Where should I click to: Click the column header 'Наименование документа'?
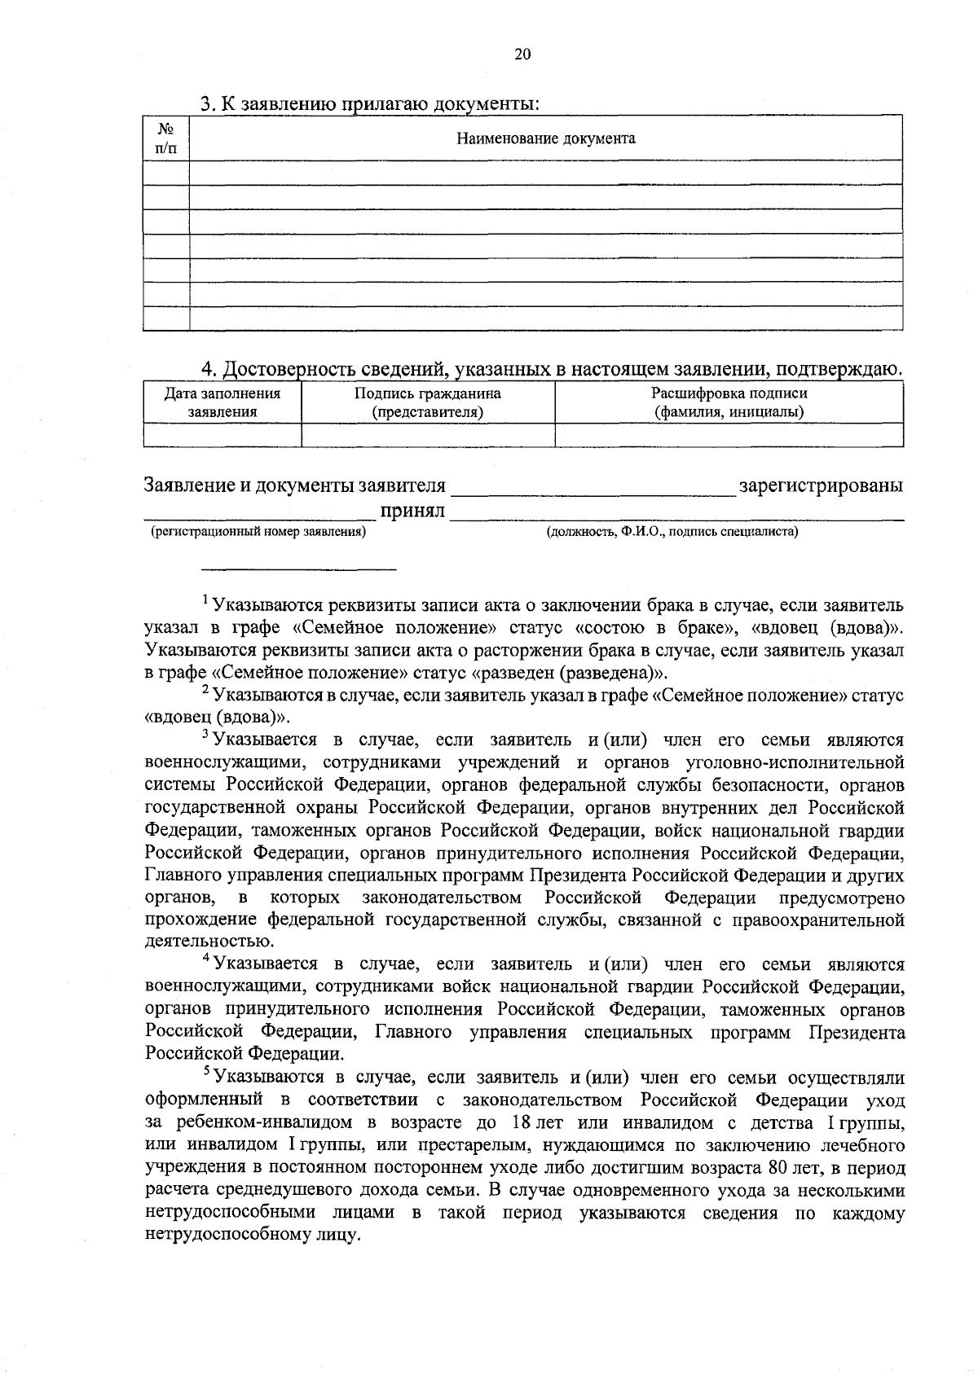tap(545, 138)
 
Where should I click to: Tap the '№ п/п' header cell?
tap(165, 138)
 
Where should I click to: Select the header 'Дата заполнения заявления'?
tap(222, 403)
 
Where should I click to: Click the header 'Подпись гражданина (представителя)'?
tap(427, 403)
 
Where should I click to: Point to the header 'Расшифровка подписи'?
tap(729, 394)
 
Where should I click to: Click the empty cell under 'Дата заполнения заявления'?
tap(222, 435)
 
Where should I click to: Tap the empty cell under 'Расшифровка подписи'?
tap(729, 435)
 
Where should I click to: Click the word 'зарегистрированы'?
tap(820, 486)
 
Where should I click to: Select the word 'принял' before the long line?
tap(412, 511)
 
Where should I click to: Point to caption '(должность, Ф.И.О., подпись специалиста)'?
tap(672, 533)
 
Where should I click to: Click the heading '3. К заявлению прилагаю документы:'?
tap(370, 104)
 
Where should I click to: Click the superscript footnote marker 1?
tap(205, 601)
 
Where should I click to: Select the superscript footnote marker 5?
tap(205, 1073)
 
